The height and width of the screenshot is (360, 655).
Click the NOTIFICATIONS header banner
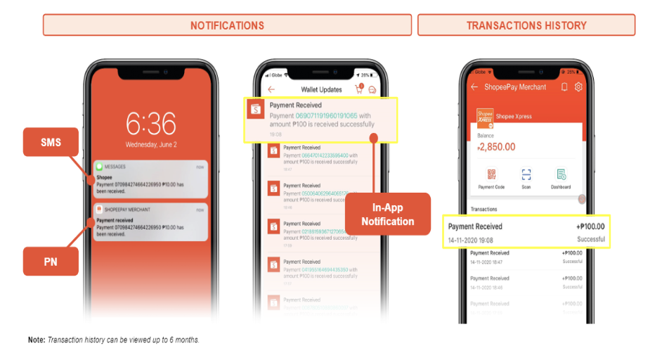pyautogui.click(x=227, y=25)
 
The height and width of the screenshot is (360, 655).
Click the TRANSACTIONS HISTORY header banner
pyautogui.click(x=526, y=25)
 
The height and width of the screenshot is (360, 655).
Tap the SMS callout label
pyautogui.click(x=51, y=142)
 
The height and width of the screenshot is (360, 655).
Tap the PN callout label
pyautogui.click(x=51, y=261)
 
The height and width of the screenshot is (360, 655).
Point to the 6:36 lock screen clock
pyautogui.click(x=150, y=124)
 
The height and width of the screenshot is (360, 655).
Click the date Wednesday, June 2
pyautogui.click(x=150, y=145)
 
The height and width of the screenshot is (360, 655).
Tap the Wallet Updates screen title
pyautogui.click(x=321, y=90)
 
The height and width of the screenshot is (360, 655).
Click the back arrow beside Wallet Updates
pyautogui.click(x=271, y=90)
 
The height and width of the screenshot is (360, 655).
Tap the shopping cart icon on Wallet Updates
pyautogui.click(x=359, y=90)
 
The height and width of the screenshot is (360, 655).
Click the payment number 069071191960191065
pyautogui.click(x=326, y=115)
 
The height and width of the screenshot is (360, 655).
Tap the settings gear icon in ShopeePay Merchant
pyautogui.click(x=578, y=87)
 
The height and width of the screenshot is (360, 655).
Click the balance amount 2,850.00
pyautogui.click(x=496, y=147)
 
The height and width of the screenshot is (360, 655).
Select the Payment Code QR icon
pyautogui.click(x=491, y=175)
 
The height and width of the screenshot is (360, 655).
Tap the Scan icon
pyautogui.click(x=526, y=175)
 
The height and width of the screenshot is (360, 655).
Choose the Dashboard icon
pyautogui.click(x=561, y=175)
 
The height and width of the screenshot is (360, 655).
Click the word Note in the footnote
pyautogui.click(x=36, y=340)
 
